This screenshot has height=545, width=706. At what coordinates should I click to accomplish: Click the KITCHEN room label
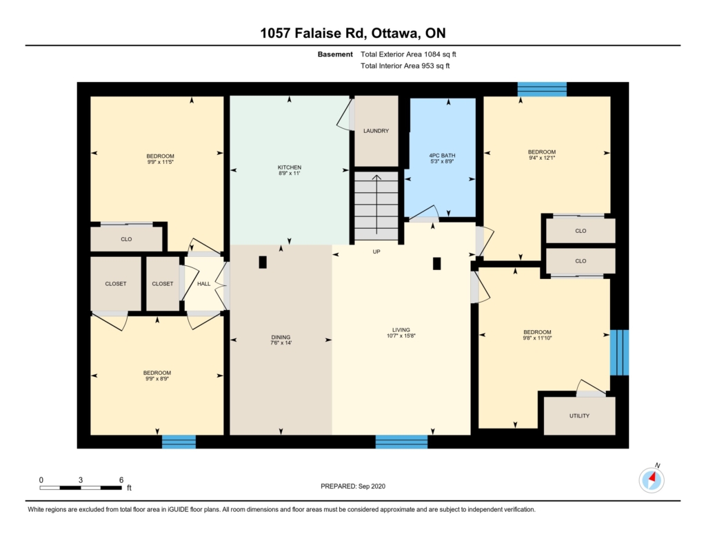290,167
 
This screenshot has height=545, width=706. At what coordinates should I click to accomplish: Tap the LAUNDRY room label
376,131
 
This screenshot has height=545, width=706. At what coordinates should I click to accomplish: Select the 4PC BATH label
442,156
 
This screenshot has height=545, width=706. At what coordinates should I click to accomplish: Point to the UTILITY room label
579,416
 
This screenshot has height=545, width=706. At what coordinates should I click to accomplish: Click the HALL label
203,284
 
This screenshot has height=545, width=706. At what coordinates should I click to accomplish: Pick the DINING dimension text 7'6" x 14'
281,343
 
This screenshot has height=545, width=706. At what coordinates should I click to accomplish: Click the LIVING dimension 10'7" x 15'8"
401,336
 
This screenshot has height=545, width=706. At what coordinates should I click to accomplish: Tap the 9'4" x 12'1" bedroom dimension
542,158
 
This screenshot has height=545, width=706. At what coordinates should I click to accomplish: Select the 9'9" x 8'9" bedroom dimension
157,379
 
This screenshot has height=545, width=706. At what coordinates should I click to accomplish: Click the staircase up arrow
376,205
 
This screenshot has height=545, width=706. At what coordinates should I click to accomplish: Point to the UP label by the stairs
376,252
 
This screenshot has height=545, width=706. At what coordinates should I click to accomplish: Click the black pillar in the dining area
263,263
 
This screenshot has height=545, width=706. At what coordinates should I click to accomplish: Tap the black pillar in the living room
436,264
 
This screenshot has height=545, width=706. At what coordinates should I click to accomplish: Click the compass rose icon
652,480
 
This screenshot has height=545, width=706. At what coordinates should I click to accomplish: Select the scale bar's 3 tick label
81,480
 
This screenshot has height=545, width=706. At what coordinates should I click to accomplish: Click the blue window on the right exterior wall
620,353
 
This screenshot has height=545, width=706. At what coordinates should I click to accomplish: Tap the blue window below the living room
402,442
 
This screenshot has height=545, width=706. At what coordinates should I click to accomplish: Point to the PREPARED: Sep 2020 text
353,486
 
